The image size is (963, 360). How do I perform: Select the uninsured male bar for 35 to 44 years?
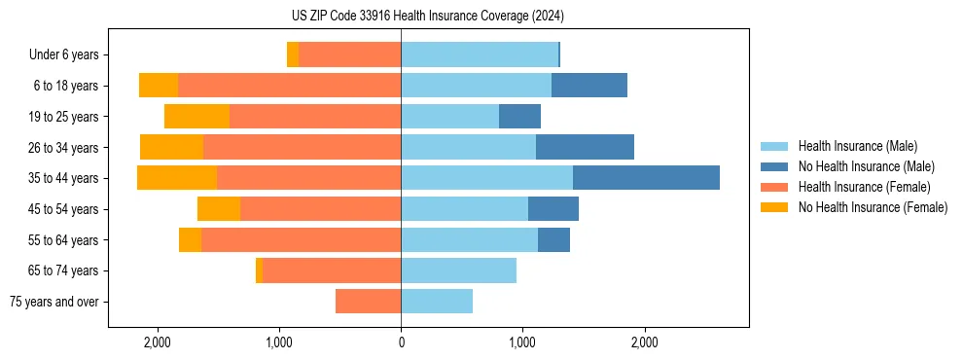coord(646,178)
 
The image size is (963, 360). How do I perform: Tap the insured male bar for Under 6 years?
coord(480,54)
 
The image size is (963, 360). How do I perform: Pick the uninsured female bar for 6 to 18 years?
coord(159,86)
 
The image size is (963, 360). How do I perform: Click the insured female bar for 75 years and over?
coord(368,302)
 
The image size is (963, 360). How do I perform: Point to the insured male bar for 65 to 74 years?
coord(458,270)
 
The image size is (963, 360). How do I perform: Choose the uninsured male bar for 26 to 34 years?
coord(585,147)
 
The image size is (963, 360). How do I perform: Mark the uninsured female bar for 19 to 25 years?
coord(196,117)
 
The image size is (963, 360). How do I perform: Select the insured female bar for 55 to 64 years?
coord(301,239)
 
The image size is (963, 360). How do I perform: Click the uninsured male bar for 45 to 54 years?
coord(553,208)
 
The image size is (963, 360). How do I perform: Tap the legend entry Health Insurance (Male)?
coord(857,146)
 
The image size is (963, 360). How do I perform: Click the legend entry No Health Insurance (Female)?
coord(873,207)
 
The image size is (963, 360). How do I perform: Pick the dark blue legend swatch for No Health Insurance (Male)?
coord(774,166)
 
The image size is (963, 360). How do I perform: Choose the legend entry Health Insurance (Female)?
coord(864,187)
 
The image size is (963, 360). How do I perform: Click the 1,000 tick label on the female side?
coord(279,342)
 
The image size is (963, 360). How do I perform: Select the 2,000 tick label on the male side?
coord(645,342)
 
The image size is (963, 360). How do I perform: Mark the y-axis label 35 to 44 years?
coord(64,178)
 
